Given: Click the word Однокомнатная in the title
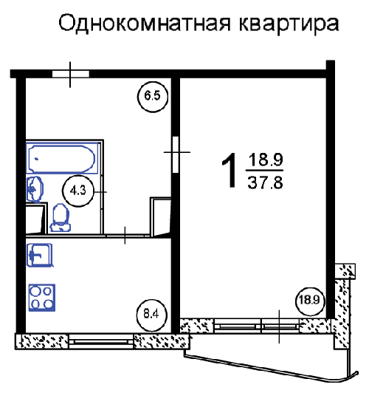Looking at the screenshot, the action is (x=144, y=24).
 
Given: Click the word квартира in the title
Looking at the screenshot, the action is (x=289, y=24).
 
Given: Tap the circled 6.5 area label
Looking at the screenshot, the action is (x=152, y=96).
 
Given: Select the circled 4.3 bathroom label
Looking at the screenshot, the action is (x=77, y=191).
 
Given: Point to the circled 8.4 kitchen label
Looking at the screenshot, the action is (x=151, y=314).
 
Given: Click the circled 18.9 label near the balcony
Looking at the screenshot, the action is (x=310, y=299).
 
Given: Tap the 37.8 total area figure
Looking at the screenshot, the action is (x=266, y=182).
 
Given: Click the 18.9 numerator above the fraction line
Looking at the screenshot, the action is (x=266, y=160).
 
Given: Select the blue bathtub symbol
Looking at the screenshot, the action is (x=62, y=158).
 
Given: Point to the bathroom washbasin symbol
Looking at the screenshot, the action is (x=35, y=189).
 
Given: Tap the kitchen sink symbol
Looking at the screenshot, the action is (x=40, y=255).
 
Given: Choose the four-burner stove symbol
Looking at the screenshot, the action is (x=42, y=298).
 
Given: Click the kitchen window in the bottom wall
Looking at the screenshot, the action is (x=101, y=341).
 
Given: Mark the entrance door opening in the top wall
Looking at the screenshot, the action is (x=71, y=74).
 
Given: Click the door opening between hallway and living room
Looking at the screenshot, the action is (x=176, y=154).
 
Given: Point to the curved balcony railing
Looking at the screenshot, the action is (x=272, y=368).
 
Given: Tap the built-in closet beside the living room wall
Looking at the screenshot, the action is (x=160, y=216).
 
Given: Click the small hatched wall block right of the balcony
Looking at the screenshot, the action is (x=345, y=271).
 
